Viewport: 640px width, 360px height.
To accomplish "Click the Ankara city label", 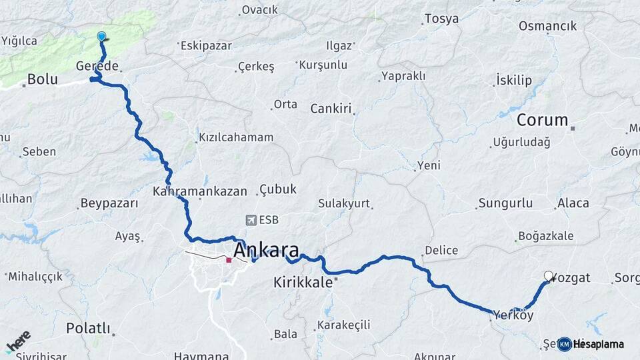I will [266, 251].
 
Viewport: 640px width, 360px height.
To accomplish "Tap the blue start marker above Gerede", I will [101, 37].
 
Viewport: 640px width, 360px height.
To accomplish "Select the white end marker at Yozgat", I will [549, 276].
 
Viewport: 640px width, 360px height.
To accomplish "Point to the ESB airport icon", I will [251, 220].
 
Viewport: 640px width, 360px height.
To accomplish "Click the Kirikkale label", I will [303, 282].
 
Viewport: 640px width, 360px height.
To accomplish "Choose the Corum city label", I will [543, 121].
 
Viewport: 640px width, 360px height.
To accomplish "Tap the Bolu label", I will [42, 80].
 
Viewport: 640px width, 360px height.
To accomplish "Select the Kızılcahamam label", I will [235, 137].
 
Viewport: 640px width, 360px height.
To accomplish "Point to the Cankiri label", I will [331, 108].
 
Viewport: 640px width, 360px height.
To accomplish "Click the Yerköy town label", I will [513, 315].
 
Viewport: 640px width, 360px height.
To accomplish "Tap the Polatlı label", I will [88, 327].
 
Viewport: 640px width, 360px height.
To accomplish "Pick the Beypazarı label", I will [109, 203].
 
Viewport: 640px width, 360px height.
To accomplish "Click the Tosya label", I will [441, 19].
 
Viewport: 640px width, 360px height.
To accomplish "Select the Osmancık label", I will [547, 26].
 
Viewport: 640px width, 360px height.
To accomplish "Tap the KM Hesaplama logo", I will [591, 344].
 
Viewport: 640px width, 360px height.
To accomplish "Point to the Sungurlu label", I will [505, 203].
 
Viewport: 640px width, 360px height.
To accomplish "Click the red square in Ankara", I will [229, 260].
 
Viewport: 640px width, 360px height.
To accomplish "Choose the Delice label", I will [441, 251].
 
